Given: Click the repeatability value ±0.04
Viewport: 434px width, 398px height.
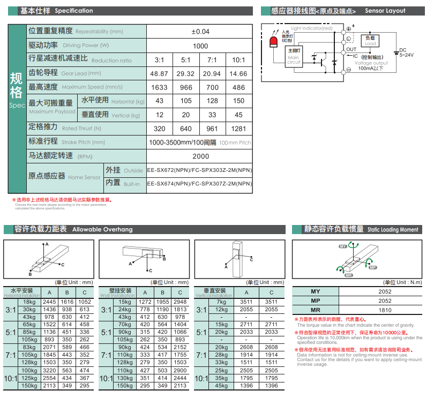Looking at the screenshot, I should tap(200, 32).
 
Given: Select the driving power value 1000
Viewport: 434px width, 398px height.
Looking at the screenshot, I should tap(200, 46).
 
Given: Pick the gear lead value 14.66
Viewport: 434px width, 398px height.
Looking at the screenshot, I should tap(238, 73).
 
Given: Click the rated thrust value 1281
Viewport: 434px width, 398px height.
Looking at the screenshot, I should tap(238, 129).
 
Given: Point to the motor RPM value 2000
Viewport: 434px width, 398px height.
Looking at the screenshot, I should tap(200, 156).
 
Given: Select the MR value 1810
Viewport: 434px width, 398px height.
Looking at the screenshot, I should tap(385, 310).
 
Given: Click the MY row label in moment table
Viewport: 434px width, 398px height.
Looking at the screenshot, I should tap(316, 291).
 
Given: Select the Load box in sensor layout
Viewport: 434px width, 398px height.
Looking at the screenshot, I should tap(370, 40).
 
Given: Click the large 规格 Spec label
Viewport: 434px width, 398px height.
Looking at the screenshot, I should tap(17, 88).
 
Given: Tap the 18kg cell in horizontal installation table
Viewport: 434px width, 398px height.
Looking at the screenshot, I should tap(29, 302).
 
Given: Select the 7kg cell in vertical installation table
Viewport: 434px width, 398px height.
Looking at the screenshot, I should tap(221, 302).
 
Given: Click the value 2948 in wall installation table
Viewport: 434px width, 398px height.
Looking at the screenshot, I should tap(180, 302).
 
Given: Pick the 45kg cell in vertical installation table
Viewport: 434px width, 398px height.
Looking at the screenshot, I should tap(221, 386).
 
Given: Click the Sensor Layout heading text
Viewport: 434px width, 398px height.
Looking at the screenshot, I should tap(385, 11).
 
